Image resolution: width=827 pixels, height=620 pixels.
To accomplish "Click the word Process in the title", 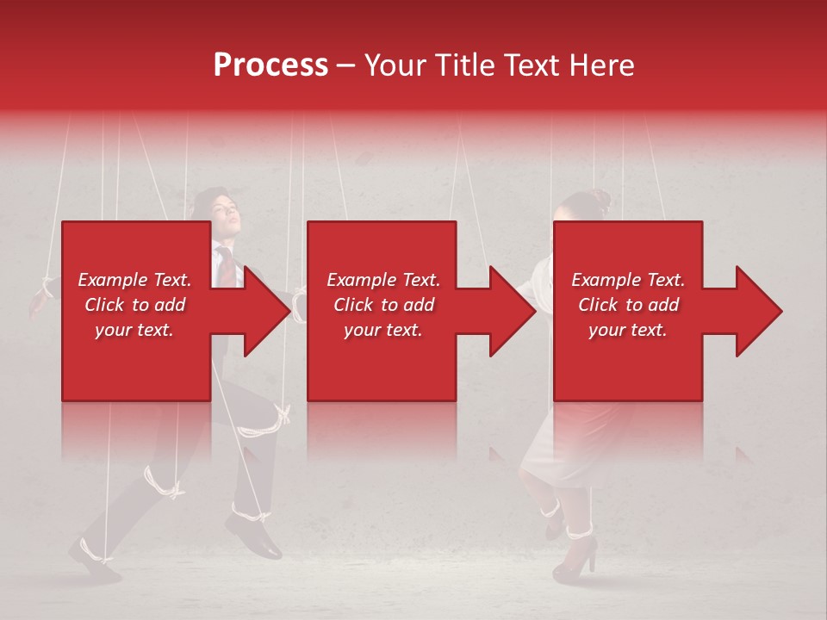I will point(270,65).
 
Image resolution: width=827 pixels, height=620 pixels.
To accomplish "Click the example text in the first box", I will point(134,305).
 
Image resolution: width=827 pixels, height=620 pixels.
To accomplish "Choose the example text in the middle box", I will point(383,305).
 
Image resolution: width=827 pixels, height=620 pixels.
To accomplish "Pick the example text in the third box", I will point(628,305).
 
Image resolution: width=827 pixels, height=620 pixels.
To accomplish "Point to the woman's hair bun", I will point(600,198).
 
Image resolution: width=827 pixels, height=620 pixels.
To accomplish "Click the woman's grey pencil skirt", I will point(560,448).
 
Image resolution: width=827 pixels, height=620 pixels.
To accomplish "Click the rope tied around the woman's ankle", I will point(578,527).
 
